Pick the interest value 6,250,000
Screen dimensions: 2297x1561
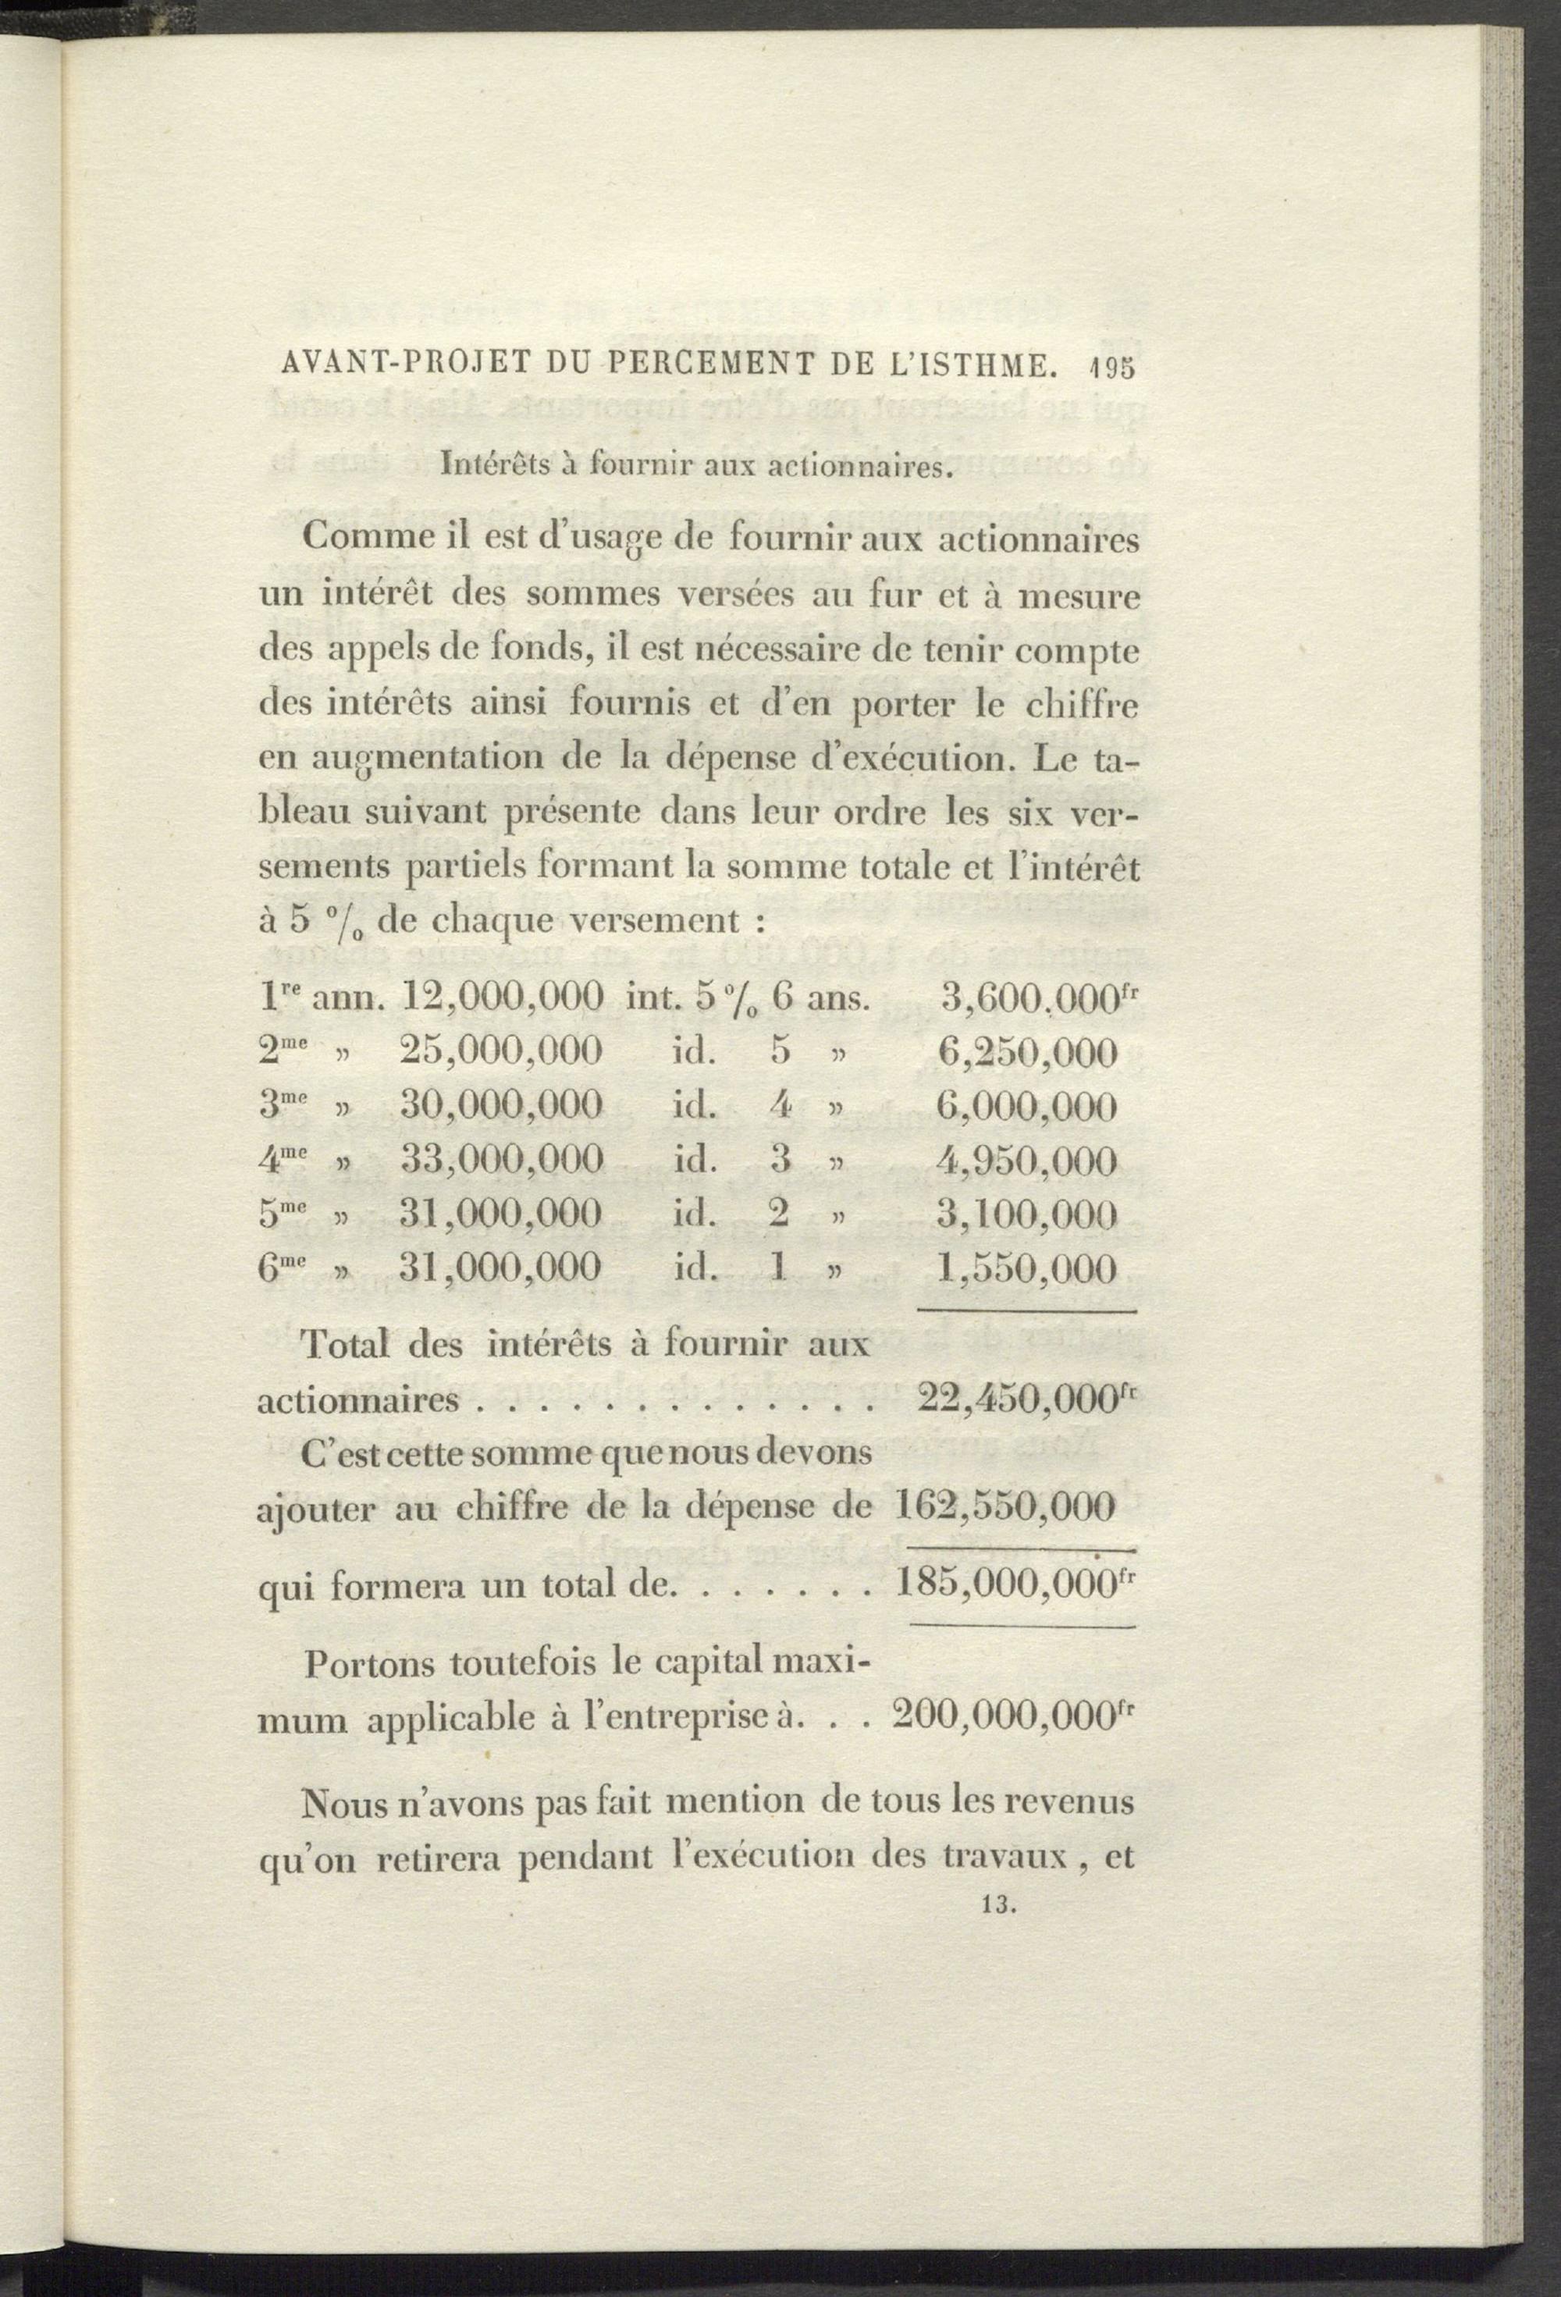[1027, 1051]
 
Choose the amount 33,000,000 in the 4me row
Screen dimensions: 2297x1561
[503, 1158]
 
